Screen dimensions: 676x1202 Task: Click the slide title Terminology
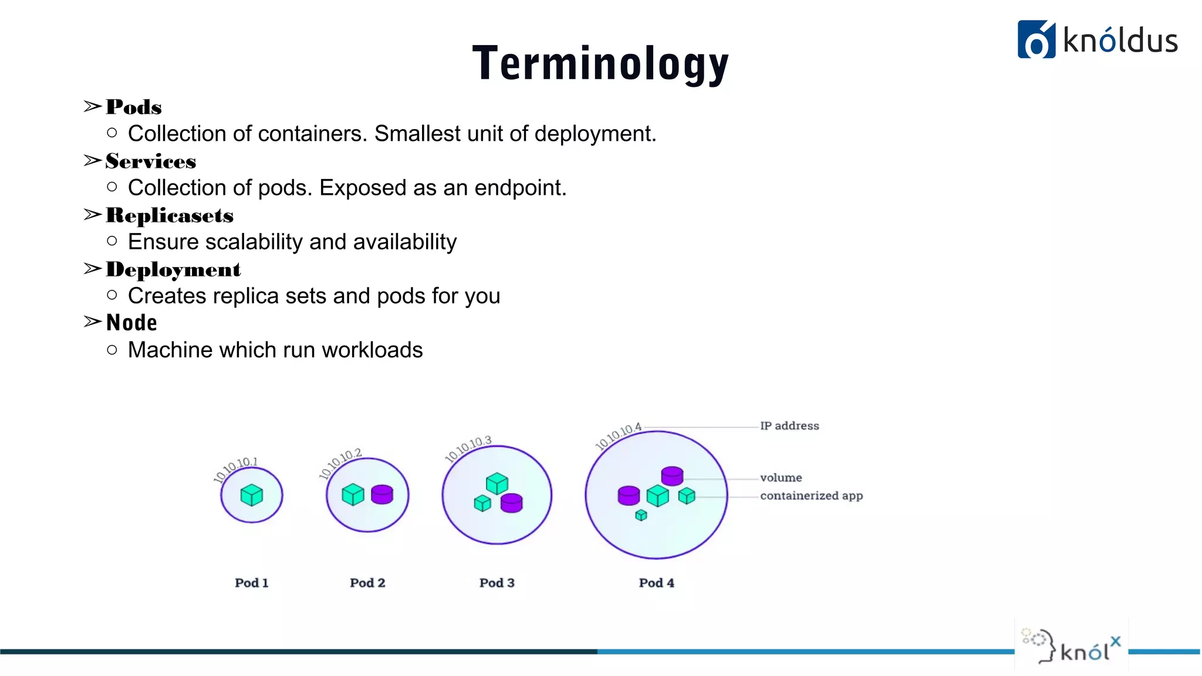click(x=600, y=63)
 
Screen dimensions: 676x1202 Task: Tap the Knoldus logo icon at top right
click(x=1036, y=39)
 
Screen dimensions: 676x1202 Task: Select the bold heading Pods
click(x=134, y=107)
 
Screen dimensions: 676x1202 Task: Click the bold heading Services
click(x=151, y=161)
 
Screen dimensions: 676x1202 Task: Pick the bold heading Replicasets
click(x=170, y=215)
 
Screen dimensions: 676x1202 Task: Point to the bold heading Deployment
click(x=173, y=269)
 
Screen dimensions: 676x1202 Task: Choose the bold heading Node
click(x=131, y=323)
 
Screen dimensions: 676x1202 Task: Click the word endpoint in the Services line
click(x=520, y=188)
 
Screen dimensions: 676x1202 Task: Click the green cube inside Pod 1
click(x=252, y=495)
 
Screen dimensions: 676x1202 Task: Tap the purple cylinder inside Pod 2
click(x=382, y=494)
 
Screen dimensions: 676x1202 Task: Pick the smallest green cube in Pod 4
click(x=641, y=515)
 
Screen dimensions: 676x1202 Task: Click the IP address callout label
click(x=789, y=426)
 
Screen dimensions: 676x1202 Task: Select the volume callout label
click(x=781, y=478)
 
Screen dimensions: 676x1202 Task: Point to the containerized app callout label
click(x=811, y=496)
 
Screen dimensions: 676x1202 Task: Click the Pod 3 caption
click(x=497, y=583)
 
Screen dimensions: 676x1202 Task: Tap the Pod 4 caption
click(x=656, y=583)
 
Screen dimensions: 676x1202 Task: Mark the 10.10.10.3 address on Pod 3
click(x=468, y=449)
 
